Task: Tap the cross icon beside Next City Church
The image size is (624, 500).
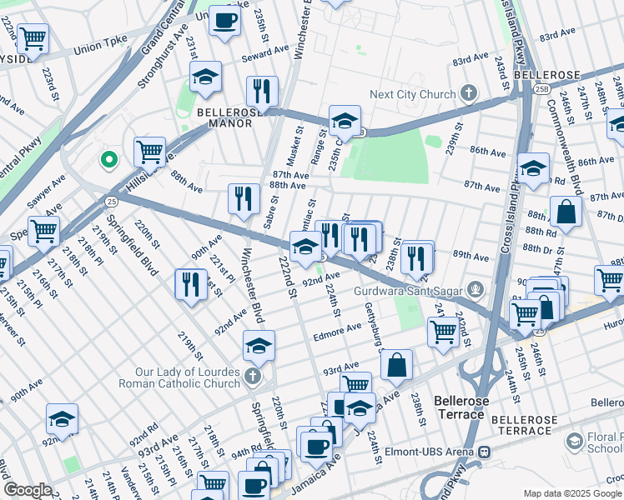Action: [470, 93]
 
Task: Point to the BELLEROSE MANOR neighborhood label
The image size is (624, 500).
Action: [224, 117]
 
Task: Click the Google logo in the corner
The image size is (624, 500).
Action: [28, 490]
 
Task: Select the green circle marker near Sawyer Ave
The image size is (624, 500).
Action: [108, 159]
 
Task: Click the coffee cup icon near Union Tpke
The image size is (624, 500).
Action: [224, 20]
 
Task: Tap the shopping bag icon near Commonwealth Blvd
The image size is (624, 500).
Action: [566, 212]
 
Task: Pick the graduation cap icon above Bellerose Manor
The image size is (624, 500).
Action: [205, 77]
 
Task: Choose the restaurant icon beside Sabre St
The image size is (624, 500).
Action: [244, 198]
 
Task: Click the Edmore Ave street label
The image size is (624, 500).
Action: [336, 332]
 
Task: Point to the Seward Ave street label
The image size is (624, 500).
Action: [242, 53]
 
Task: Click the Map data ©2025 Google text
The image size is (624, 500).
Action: [572, 493]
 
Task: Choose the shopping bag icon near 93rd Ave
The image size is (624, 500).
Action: [397, 364]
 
